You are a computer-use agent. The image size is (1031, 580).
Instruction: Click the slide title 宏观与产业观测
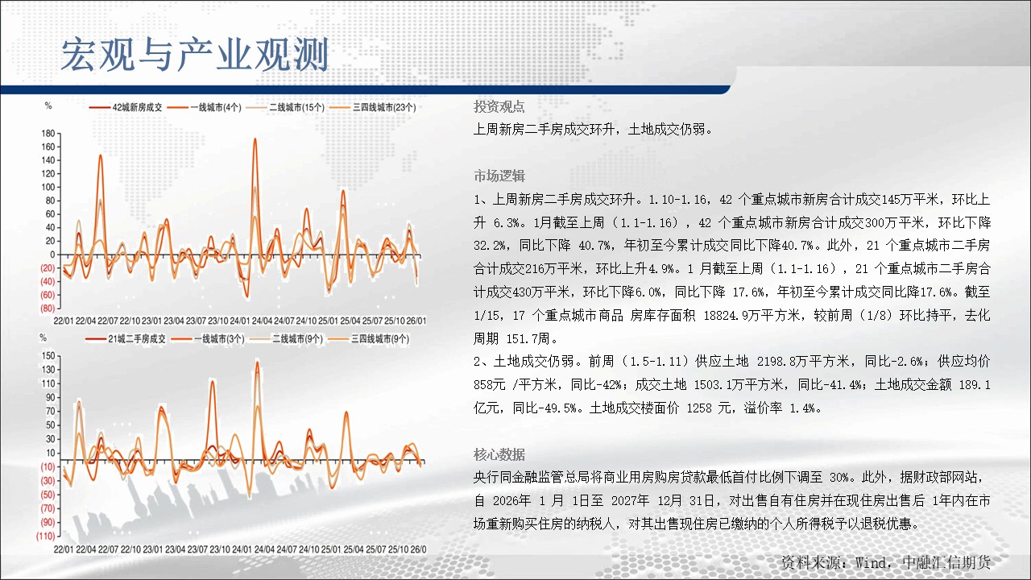195,55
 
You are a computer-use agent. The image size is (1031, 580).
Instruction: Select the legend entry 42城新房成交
126,107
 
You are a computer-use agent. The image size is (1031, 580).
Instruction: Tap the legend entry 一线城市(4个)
205,107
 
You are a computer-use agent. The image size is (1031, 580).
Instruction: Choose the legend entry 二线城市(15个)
285,107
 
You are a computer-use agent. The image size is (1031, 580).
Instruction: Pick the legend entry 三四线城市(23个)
373,107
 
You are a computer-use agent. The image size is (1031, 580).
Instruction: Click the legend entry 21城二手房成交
125,339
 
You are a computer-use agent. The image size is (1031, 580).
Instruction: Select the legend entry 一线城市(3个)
208,339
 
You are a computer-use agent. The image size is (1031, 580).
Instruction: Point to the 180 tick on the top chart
48,134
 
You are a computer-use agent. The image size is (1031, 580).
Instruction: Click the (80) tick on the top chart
48,308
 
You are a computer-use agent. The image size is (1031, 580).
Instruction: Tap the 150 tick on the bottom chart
48,355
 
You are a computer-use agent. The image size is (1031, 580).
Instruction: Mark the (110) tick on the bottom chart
46,536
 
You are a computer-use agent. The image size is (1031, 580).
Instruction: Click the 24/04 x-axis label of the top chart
262,321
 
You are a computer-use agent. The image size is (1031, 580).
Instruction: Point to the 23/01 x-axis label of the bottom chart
153,549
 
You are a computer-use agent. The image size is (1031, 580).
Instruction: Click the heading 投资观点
499,107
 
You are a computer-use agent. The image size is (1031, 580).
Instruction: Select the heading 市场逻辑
499,176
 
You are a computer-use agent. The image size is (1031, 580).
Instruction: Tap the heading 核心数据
499,455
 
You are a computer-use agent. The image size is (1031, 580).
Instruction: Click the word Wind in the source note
871,562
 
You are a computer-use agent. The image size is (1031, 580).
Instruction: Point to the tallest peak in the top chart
255,139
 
